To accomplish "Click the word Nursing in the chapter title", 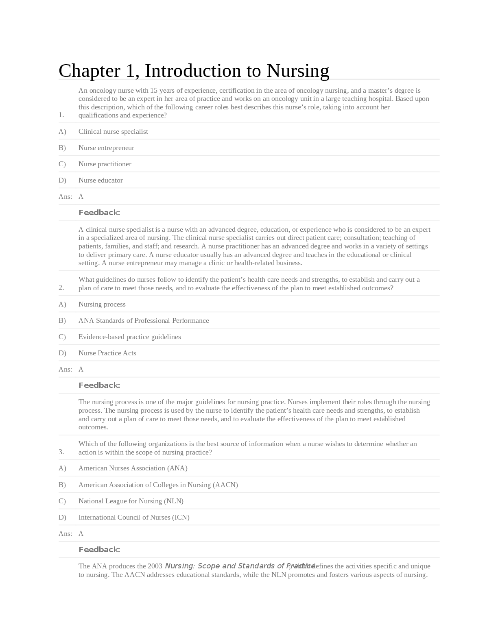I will [297, 71].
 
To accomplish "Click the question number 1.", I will [61, 115].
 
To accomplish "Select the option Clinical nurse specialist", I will [113, 132].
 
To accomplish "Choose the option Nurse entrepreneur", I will [106, 148].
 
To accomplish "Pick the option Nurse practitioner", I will [105, 164].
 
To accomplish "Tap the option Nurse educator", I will [100, 181].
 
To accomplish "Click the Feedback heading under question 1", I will [99, 213].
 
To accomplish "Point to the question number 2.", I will [61, 288].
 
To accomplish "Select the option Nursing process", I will [102, 305].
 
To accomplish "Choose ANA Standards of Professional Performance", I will [144, 321].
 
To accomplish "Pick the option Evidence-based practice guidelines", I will [130, 337].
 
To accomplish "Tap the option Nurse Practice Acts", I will [107, 353].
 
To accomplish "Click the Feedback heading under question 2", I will [99, 385].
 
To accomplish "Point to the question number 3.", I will [61, 452].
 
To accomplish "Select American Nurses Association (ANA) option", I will [133, 468].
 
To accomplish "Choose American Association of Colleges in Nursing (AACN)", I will [158, 485].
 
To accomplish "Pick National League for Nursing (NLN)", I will [131, 501].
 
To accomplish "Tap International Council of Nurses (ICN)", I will [134, 518].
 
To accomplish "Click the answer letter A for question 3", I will [81, 534].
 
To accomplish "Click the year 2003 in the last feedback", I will [155, 566].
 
